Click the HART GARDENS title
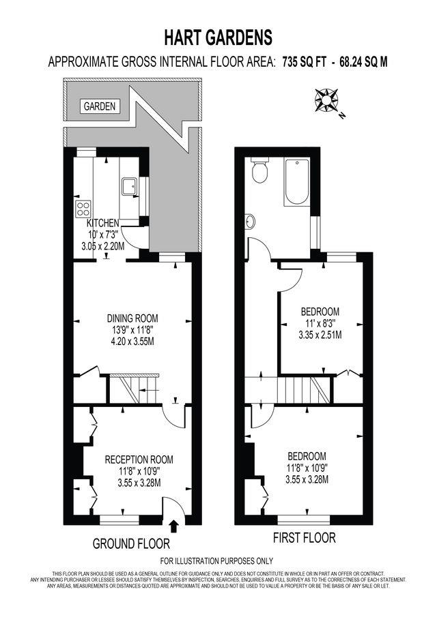(218, 38)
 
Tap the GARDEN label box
(100, 106)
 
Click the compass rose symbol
(326, 99)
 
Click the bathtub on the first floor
(297, 181)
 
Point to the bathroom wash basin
(250, 221)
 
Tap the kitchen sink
(129, 186)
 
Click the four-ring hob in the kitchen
(83, 209)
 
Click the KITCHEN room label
(103, 223)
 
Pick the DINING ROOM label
(132, 318)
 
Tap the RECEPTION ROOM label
(139, 460)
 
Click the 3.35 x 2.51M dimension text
(320, 335)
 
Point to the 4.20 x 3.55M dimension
(132, 341)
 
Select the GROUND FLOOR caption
(131, 544)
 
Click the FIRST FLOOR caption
(305, 537)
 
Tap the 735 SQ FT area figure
(305, 62)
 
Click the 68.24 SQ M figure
(364, 62)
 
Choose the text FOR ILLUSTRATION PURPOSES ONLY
(216, 560)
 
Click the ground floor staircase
(134, 389)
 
